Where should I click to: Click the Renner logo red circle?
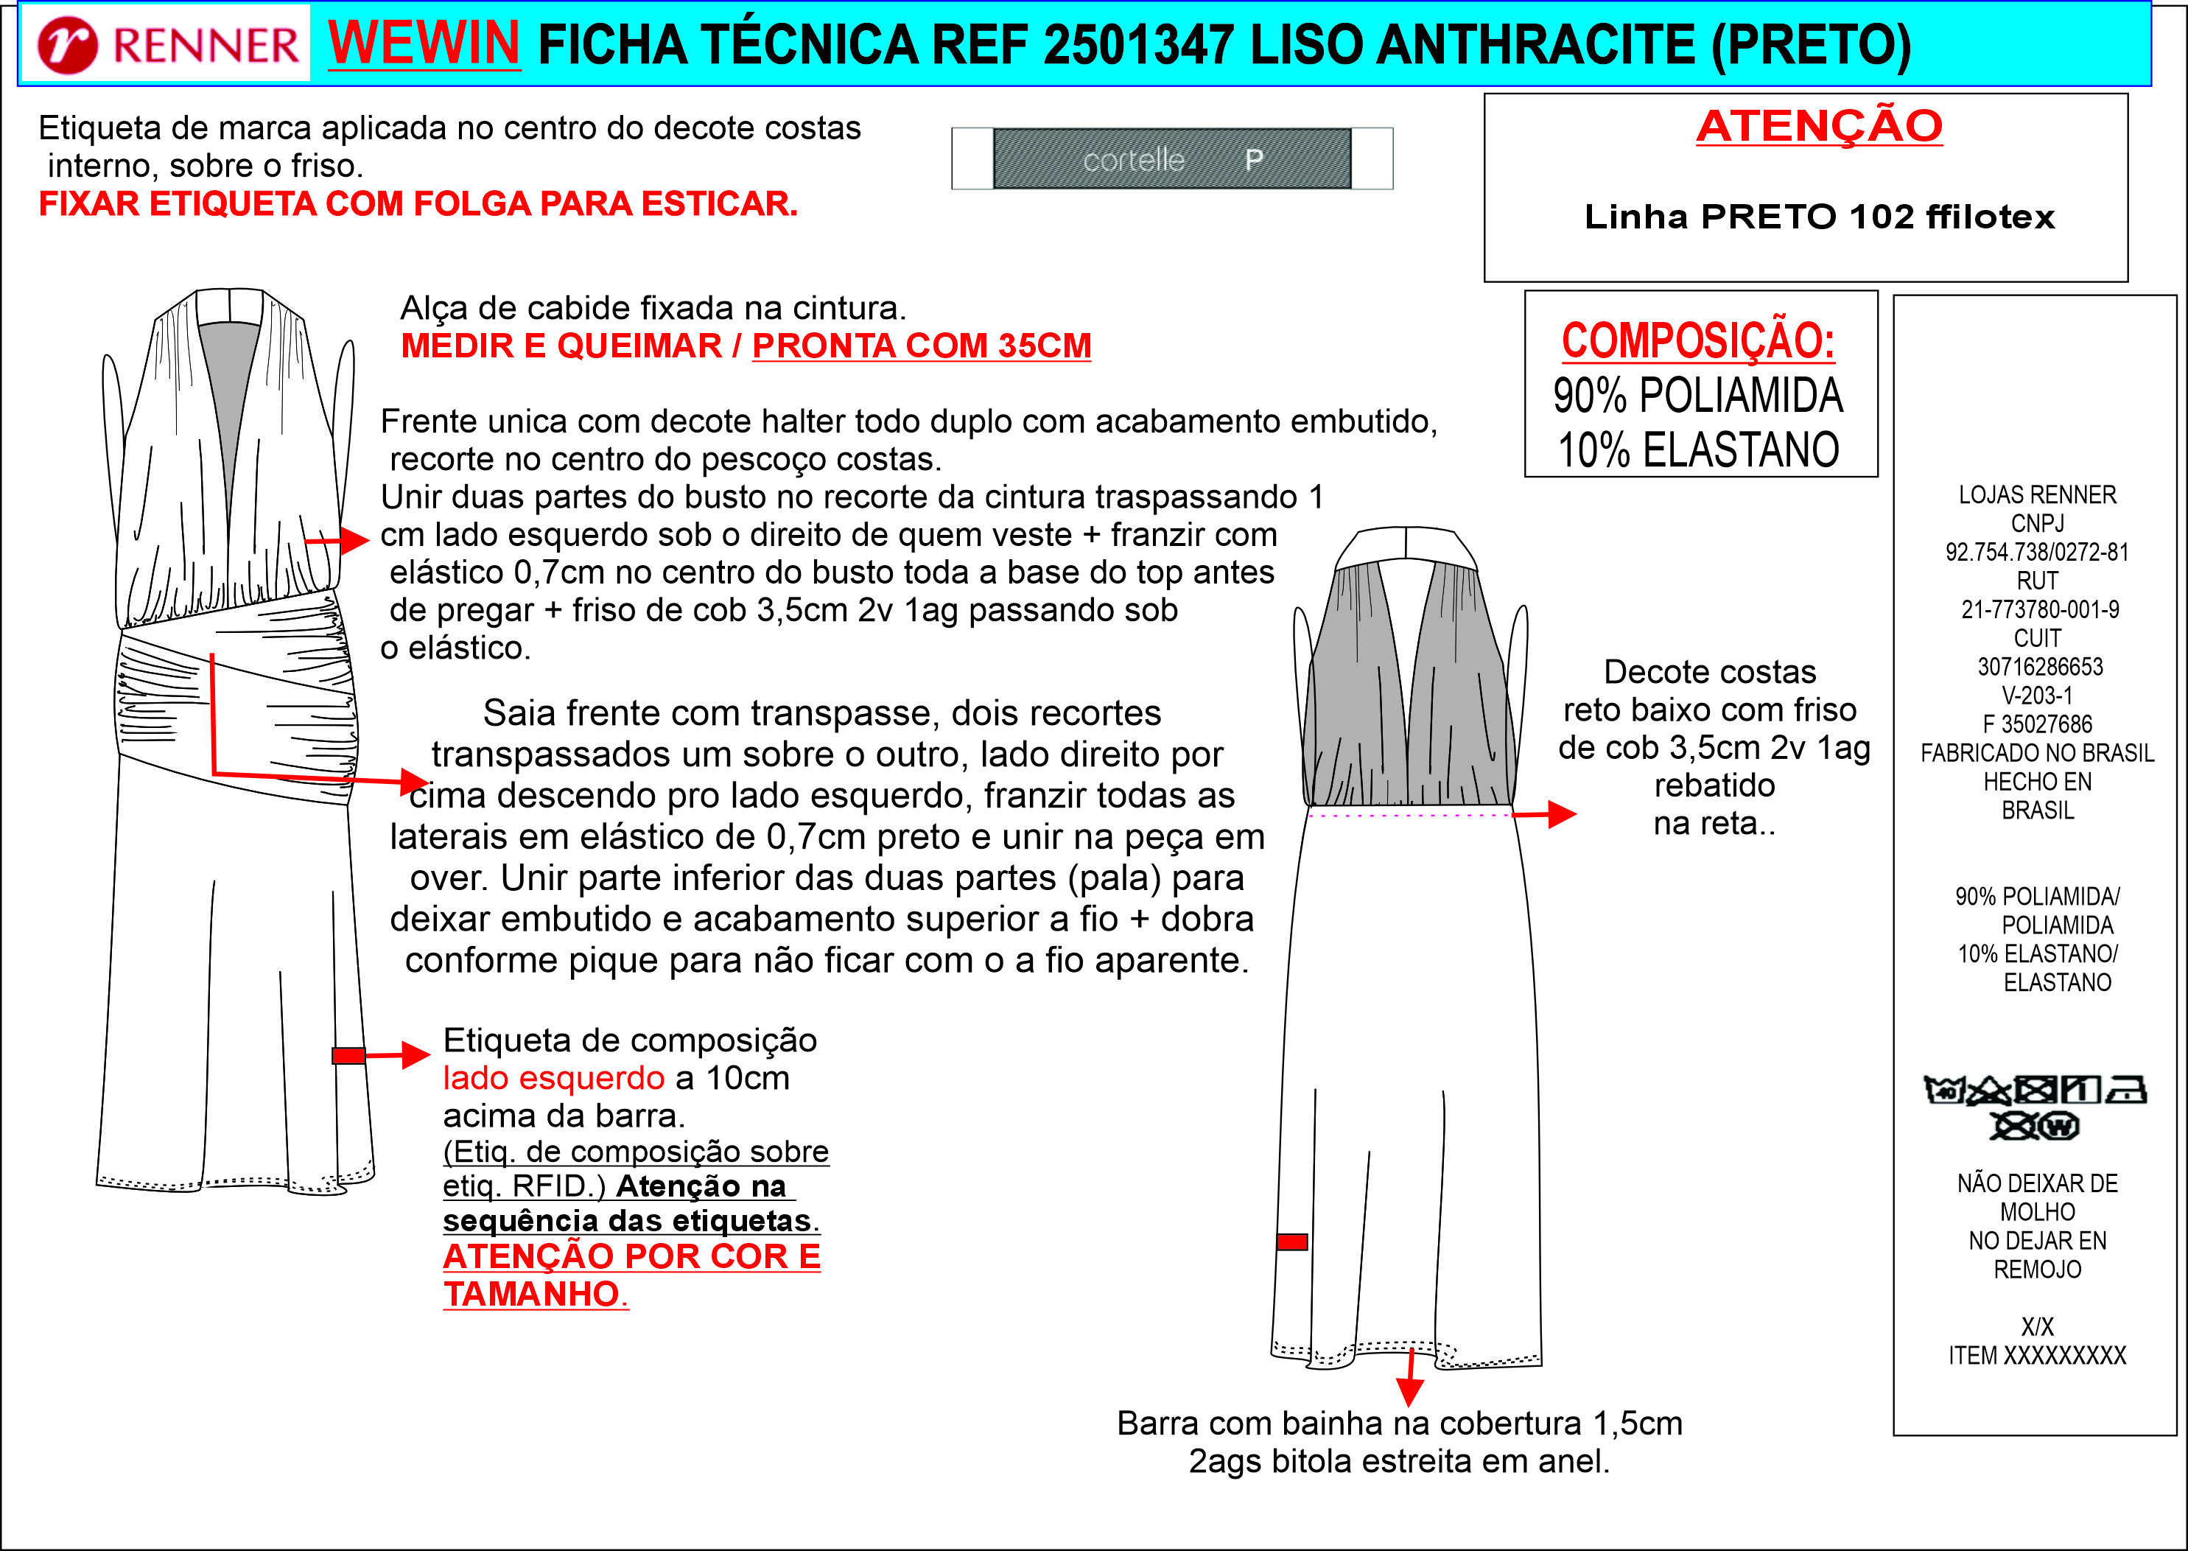(x=67, y=45)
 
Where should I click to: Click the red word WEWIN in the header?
(x=423, y=43)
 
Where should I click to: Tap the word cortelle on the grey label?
(x=1133, y=159)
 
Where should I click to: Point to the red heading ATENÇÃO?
(x=1819, y=126)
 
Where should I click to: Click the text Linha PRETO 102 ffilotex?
(x=1819, y=217)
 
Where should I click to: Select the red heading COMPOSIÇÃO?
(x=1697, y=341)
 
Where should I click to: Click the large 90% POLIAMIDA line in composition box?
(x=1697, y=396)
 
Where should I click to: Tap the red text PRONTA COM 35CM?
(x=921, y=346)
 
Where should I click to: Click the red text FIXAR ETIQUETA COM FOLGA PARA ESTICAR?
(x=417, y=204)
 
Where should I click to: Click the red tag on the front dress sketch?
(x=348, y=1055)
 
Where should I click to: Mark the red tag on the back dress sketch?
(x=1291, y=1242)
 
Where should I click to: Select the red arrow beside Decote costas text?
(x=1546, y=813)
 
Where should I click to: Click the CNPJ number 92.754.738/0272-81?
(x=2036, y=552)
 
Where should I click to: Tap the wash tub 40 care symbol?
(x=1943, y=1089)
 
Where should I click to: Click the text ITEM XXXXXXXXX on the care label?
(x=2036, y=1355)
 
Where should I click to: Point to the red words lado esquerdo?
(x=553, y=1078)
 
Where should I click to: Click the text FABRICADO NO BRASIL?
(x=2036, y=754)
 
